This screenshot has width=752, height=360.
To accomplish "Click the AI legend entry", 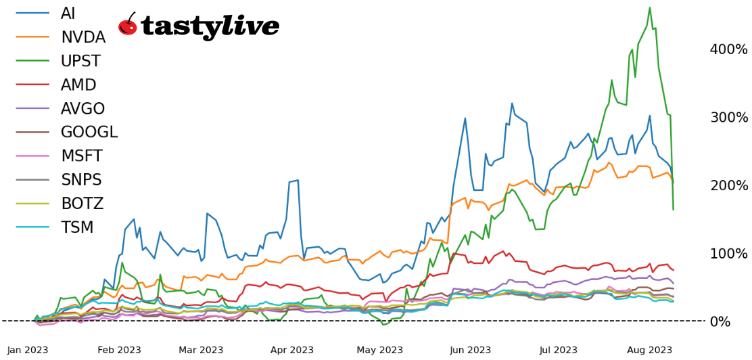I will point(68,14).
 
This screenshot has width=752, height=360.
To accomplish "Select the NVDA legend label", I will point(83,38).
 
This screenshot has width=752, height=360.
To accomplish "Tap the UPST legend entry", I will point(80,62).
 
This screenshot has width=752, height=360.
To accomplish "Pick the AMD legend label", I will point(78,85).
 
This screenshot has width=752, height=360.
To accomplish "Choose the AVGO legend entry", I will point(83,109).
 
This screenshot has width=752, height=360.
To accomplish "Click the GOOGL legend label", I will point(89,133).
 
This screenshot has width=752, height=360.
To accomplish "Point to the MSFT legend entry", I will point(81,156).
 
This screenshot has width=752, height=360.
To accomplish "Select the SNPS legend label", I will point(81,180).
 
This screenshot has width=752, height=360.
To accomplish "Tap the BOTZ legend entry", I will point(82,204).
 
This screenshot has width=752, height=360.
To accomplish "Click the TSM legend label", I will point(77,227).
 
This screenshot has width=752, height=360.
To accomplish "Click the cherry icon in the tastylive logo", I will point(128,25).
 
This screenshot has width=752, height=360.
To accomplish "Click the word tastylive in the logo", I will point(210,26).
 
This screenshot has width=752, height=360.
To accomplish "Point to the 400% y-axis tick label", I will point(728,49).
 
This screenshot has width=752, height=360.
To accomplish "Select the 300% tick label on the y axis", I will point(728,118).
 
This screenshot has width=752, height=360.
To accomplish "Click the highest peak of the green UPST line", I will point(650,8).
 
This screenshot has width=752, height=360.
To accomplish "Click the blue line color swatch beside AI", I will point(32,14).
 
